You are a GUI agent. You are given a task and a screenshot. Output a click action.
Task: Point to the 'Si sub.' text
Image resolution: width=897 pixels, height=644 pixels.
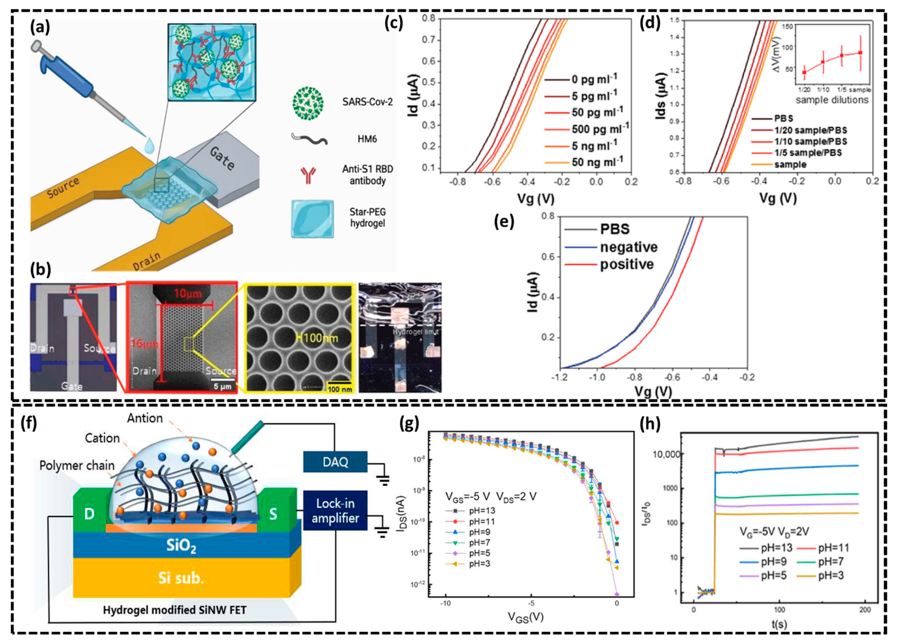[x=181, y=578]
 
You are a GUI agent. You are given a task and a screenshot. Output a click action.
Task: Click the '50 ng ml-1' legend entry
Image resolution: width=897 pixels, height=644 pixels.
[x=597, y=162]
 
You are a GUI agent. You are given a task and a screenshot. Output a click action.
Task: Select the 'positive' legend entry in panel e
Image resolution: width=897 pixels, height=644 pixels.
[x=627, y=264]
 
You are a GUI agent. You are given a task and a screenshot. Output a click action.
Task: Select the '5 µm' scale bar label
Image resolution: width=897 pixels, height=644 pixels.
[x=222, y=386]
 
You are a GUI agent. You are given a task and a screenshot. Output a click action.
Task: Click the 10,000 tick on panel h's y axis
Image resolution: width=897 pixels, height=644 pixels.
[x=664, y=454]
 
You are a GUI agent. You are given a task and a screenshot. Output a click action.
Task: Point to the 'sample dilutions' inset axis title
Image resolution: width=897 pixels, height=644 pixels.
[x=832, y=100]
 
